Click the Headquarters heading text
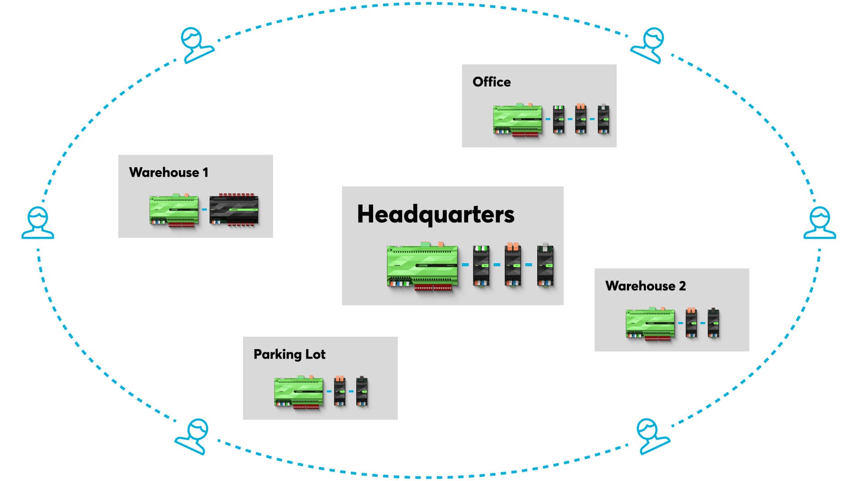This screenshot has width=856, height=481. click(436, 214)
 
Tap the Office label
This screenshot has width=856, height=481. click(491, 82)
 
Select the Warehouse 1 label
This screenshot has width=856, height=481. click(169, 172)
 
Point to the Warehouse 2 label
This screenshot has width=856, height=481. click(645, 285)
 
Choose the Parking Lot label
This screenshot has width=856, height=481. click(289, 354)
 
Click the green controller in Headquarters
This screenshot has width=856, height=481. click(422, 266)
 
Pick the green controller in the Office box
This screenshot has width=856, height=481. click(518, 120)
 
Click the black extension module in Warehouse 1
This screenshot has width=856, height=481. click(234, 210)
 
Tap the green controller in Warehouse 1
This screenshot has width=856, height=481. click(174, 210)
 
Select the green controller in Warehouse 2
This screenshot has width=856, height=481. click(650, 323)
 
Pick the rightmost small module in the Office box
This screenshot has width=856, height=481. click(603, 119)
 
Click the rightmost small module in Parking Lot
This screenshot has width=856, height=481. click(362, 391)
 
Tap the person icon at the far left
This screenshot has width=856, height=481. click(38, 223)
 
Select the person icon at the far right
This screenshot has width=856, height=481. click(819, 223)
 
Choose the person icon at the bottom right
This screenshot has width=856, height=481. click(651, 436)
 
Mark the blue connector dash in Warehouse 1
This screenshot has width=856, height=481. click(204, 209)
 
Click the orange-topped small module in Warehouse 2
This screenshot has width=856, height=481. click(691, 323)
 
